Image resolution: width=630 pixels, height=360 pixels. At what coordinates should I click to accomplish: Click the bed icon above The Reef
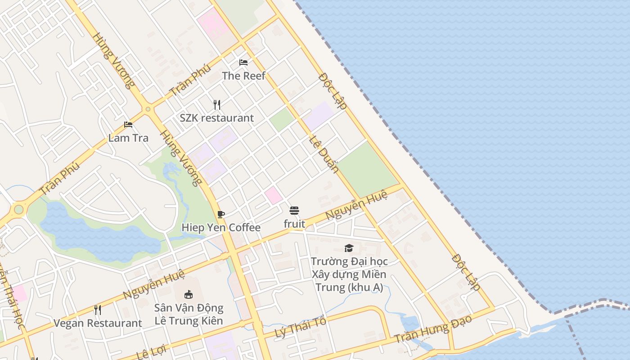(x=243, y=62)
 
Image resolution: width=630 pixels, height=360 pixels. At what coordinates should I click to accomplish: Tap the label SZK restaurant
(x=216, y=118)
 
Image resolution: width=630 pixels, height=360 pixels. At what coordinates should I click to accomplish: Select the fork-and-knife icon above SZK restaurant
(x=217, y=105)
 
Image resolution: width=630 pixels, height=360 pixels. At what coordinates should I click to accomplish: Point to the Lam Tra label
(x=128, y=138)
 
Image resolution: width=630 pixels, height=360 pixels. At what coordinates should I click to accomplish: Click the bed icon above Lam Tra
(x=128, y=125)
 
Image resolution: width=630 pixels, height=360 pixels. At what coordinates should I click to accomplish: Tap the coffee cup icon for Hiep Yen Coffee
(x=220, y=214)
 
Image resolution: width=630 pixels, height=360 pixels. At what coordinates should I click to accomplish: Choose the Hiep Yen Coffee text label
(x=220, y=227)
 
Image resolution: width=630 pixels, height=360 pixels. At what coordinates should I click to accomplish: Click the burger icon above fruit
(x=294, y=211)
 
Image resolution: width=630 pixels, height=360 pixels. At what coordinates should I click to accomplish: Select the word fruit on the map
(x=294, y=224)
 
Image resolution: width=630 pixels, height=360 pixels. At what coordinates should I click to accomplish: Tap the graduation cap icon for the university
(x=349, y=248)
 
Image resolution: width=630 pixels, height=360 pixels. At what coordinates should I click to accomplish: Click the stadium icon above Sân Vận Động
(x=189, y=295)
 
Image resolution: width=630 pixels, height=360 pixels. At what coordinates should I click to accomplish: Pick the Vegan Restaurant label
(x=98, y=323)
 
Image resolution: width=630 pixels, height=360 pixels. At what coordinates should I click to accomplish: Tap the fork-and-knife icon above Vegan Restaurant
(x=97, y=310)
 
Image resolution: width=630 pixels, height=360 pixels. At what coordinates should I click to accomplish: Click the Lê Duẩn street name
(x=324, y=153)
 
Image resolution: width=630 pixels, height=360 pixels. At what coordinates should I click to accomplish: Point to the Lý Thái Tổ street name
(x=300, y=327)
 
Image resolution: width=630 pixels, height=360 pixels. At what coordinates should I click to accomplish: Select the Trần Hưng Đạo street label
(x=433, y=328)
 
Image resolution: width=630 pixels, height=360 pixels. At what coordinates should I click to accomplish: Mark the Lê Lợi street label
(x=151, y=351)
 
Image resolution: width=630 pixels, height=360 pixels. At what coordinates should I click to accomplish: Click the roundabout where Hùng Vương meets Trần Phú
(x=148, y=109)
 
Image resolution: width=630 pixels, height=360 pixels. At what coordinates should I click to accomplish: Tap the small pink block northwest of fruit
(x=273, y=195)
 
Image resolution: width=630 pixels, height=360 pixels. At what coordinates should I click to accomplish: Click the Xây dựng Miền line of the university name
(x=349, y=274)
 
